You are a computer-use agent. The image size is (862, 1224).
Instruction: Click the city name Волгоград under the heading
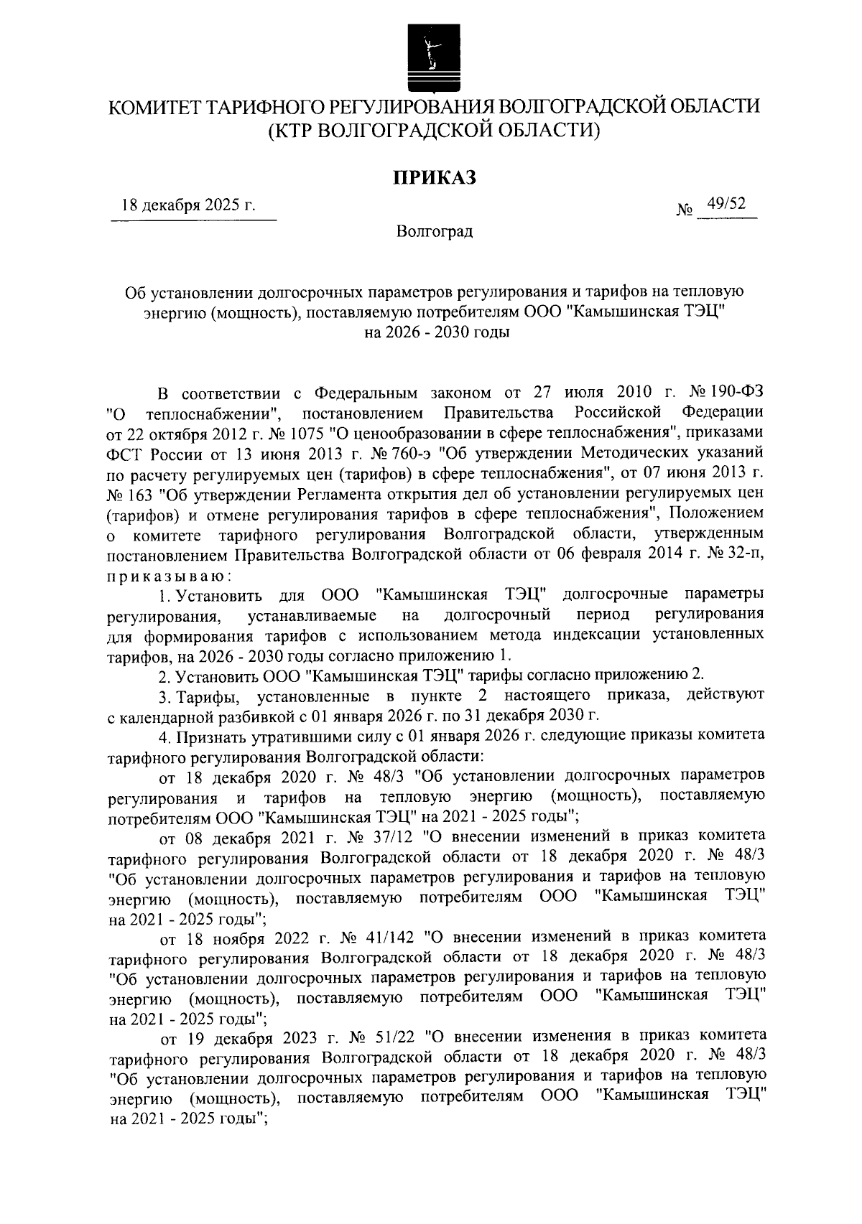(435, 232)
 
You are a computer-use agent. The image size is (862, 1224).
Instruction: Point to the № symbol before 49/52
(685, 210)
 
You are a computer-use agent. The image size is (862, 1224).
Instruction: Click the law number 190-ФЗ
(738, 393)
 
